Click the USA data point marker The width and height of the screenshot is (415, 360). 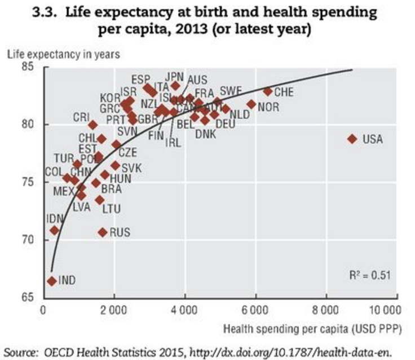click(352, 138)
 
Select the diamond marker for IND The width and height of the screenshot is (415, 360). click(51, 280)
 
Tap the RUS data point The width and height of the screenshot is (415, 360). click(103, 232)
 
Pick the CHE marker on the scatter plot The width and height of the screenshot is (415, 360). click(268, 91)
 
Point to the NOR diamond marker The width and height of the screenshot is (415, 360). click(251, 104)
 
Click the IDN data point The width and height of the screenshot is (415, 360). click(54, 230)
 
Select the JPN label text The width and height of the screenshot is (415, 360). click(175, 75)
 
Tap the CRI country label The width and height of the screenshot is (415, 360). click(82, 117)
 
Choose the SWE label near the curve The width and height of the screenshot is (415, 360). click(231, 90)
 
